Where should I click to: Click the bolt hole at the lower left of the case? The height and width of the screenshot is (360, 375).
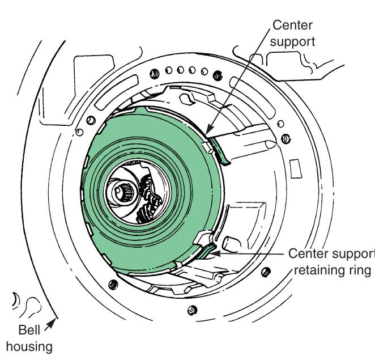point(112,283)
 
